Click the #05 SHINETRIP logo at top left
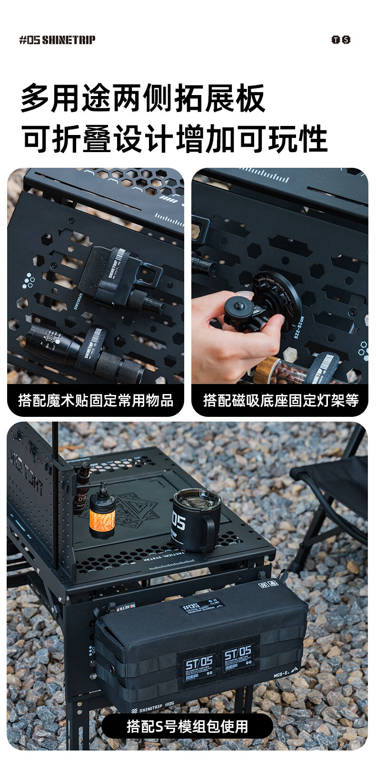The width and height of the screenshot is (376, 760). [x=57, y=40]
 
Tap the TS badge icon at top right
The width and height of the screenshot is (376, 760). [x=341, y=40]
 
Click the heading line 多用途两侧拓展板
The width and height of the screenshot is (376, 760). [x=143, y=98]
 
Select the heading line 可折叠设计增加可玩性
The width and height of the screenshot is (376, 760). [x=174, y=139]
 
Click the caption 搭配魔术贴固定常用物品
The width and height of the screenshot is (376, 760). [x=96, y=400]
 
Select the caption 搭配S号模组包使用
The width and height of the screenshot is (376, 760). [x=188, y=726]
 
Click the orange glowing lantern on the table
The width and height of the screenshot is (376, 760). [x=102, y=513]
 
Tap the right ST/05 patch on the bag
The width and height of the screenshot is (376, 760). [x=237, y=658]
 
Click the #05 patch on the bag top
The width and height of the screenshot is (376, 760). [x=202, y=606]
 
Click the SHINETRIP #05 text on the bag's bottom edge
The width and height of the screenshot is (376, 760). [x=157, y=707]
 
